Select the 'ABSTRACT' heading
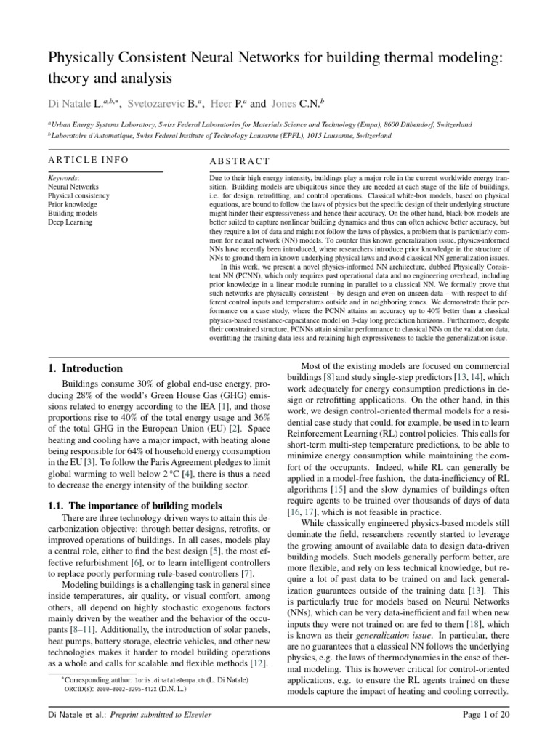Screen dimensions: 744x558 (x=239, y=161)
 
